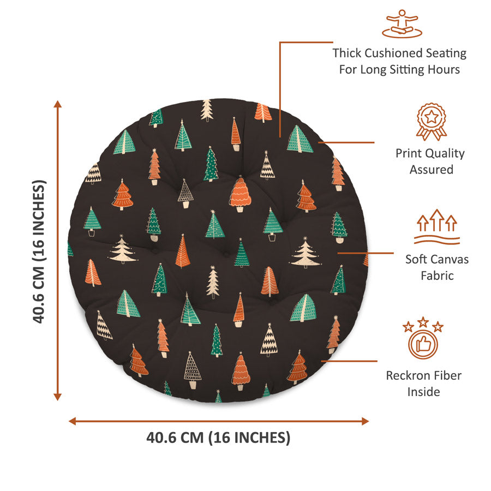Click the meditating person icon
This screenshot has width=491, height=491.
[402, 24]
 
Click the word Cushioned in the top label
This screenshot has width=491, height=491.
[391, 53]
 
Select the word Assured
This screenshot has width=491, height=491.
[431, 170]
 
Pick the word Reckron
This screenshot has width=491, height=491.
[406, 375]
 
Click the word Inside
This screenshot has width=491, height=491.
[423, 392]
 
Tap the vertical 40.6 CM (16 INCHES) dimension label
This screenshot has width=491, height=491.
[39, 252]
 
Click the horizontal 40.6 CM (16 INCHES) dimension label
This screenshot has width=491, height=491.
[218, 438]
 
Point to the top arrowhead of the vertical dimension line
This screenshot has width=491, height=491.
[57, 104]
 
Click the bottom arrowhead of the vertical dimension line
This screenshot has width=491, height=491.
[57, 397]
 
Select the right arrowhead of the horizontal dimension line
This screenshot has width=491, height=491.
[366, 421]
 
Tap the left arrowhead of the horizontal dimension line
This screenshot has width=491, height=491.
[73, 421]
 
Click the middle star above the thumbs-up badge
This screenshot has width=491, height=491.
[423, 321]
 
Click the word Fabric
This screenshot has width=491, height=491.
[437, 276]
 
